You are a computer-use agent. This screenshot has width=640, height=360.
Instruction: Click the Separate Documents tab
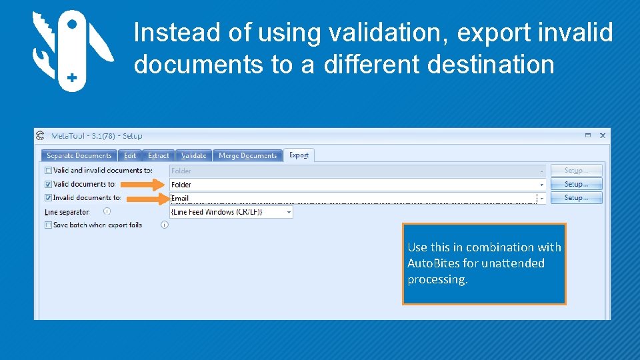[79, 155]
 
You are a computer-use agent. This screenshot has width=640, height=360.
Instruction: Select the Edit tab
[129, 155]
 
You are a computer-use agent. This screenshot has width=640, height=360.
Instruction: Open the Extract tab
[159, 155]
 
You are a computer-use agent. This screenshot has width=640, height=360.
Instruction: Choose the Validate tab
[194, 155]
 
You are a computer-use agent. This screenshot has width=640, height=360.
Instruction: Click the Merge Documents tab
[247, 155]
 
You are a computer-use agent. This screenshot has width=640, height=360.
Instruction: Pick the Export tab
[299, 155]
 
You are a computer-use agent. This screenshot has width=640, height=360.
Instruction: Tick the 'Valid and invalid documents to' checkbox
[48, 171]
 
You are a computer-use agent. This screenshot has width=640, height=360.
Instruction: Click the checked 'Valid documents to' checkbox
[48, 184]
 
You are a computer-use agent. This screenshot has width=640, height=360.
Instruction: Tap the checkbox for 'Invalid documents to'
[48, 198]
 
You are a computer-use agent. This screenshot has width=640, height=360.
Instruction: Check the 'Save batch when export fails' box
[48, 225]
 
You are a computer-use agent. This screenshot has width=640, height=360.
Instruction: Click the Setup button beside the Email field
[576, 198]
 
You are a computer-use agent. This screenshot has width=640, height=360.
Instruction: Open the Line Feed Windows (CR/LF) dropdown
[289, 212]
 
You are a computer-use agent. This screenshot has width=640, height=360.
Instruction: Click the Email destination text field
[353, 198]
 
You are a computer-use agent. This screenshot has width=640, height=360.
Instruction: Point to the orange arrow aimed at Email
[146, 198]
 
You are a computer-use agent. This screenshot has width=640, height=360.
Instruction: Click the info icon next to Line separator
[107, 211]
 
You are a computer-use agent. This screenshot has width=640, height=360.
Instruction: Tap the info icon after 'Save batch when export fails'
[165, 225]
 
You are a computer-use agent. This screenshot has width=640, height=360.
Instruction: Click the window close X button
[603, 135]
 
